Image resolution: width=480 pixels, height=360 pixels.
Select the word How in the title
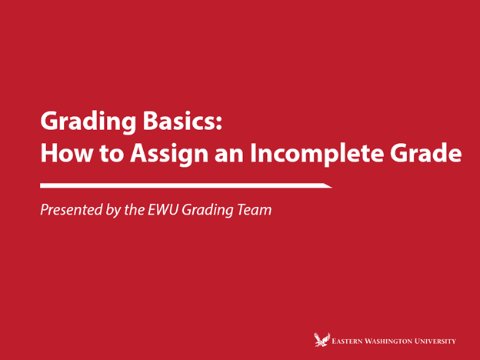(x=61, y=153)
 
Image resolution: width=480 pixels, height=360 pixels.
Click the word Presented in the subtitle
(x=70, y=209)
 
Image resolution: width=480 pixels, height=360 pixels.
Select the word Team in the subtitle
(x=254, y=209)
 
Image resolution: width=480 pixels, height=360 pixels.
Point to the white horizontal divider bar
(x=185, y=185)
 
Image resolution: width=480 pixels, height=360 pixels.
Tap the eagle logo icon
(x=322, y=338)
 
